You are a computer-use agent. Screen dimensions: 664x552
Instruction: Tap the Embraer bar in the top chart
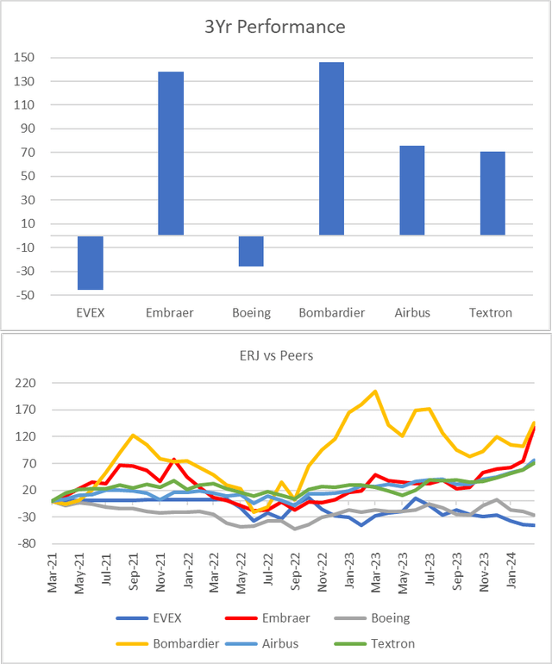coord(171,153)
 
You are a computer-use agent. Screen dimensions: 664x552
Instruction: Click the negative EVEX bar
coord(91,262)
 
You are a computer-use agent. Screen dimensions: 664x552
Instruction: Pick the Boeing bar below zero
coord(251,251)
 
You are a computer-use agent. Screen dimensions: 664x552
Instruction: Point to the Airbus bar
coord(411,191)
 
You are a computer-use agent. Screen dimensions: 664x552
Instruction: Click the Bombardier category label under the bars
coord(331,312)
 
